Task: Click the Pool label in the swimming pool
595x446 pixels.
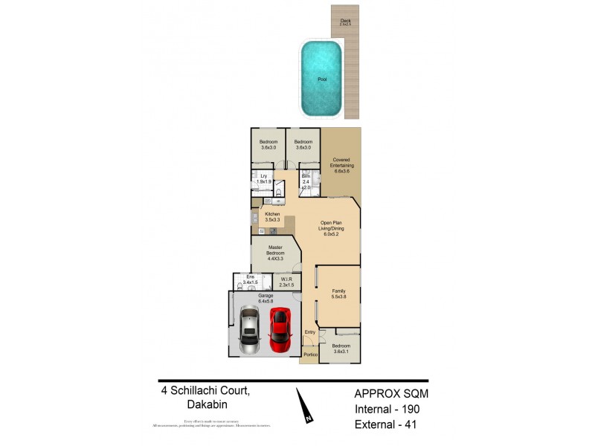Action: pyautogui.click(x=321, y=79)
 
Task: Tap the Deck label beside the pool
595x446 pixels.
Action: pyautogui.click(x=345, y=22)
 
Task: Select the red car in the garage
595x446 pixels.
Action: pyautogui.click(x=280, y=330)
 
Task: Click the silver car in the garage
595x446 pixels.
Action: pyautogui.click(x=249, y=332)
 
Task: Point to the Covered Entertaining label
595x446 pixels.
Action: pyautogui.click(x=342, y=165)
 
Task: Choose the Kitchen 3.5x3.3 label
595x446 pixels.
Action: pyautogui.click(x=271, y=217)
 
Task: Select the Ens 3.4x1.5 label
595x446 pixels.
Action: pyautogui.click(x=250, y=280)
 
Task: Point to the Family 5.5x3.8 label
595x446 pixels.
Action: pyautogui.click(x=339, y=293)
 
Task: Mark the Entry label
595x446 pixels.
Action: pyautogui.click(x=310, y=332)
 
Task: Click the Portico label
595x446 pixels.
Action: pyautogui.click(x=311, y=355)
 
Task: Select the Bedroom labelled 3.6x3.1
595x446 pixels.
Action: pyautogui.click(x=341, y=349)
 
